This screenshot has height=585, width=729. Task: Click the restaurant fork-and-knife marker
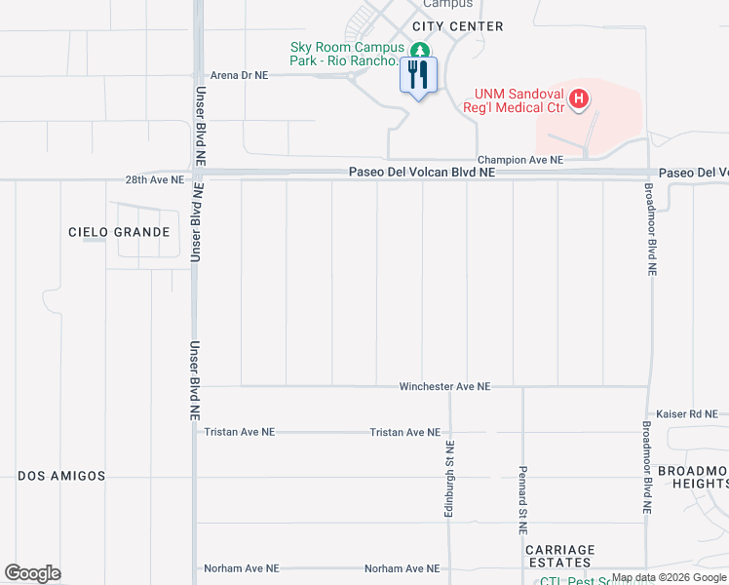pos(418,74)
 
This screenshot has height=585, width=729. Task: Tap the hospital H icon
pos(579,98)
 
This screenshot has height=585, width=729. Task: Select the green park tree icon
pos(420,51)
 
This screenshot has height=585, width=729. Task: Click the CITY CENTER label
pos(458,26)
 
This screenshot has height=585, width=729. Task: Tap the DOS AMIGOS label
pos(61,475)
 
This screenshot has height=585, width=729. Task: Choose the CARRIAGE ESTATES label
pos(560,556)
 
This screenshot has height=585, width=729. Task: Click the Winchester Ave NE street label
pos(444,387)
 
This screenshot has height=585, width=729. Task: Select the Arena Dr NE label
pos(240,75)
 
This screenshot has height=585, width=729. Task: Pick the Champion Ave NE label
pos(519,160)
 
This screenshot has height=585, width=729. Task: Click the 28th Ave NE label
pos(154,180)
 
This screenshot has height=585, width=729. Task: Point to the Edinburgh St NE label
pos(449,480)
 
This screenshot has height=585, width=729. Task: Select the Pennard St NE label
pos(523,498)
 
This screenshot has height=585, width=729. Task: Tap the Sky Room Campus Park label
pos(345,54)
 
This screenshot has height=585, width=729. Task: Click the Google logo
pos(32,573)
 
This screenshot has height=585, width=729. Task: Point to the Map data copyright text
pos(670,577)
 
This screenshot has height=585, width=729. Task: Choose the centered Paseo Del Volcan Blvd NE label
pos(423,173)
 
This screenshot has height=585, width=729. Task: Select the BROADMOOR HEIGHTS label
pos(691,477)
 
